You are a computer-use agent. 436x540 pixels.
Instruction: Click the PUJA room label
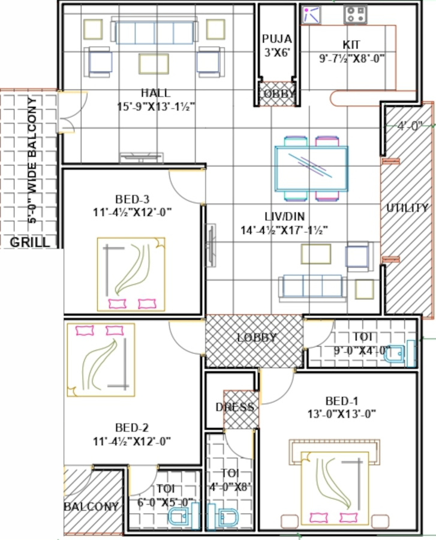[x=276, y=38]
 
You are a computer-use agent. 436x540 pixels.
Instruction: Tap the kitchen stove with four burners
[x=355, y=15]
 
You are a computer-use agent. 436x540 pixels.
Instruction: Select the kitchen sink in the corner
[x=311, y=15]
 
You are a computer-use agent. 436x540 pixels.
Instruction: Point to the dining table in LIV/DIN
[x=311, y=169]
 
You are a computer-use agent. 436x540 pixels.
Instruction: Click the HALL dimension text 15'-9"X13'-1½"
[x=156, y=107]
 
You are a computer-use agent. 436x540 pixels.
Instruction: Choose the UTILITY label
[x=407, y=208]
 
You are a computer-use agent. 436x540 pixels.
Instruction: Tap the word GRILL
[x=29, y=242]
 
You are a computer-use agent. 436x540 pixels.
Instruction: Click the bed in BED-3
[x=131, y=274]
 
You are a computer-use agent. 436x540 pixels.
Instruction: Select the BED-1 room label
[x=342, y=401]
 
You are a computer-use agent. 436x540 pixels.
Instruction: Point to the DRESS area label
[x=235, y=407]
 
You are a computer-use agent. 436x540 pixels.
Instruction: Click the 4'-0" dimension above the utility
[x=410, y=126]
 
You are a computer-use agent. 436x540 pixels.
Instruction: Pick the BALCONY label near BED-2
[x=91, y=506]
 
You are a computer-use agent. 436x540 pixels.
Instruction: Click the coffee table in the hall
[x=154, y=64]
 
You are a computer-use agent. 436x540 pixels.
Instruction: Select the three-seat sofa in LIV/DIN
[x=313, y=287]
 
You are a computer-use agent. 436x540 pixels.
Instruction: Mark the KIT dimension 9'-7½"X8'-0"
[x=351, y=59]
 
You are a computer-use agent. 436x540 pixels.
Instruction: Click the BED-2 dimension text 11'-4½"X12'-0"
[x=132, y=441]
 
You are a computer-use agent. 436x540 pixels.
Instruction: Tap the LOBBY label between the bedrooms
[x=256, y=337]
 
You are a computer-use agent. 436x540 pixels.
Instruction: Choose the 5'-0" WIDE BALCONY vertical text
[x=32, y=160]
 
